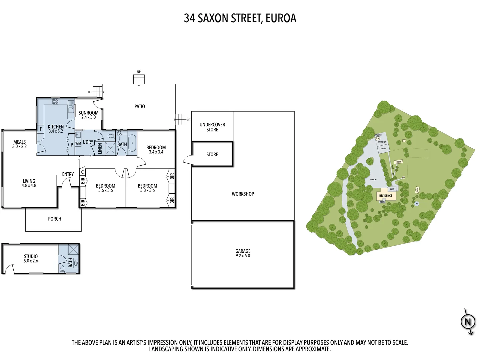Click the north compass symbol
pyautogui.click(x=468, y=322)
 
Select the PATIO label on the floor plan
pyautogui.click(x=140, y=107)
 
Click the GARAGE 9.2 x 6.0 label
pyautogui.click(x=243, y=253)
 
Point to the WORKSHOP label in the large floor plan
pyautogui.click(x=243, y=194)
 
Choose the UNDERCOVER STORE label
pyautogui.click(x=212, y=127)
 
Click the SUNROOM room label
pyautogui.click(x=88, y=115)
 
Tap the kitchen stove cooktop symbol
pyautogui.click(x=55, y=102)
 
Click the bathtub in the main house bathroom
pyautogui.click(x=132, y=144)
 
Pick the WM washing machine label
pyautogui.click(x=78, y=143)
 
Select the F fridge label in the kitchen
pyautogui.click(x=41, y=129)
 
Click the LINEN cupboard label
pyautogui.click(x=100, y=149)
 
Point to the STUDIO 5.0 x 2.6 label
pyautogui.click(x=31, y=259)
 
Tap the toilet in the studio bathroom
pyautogui.click(x=62, y=268)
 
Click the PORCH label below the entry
pyautogui.click(x=55, y=219)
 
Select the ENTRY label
pyautogui.click(x=68, y=174)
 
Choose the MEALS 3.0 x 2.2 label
pyautogui.click(x=19, y=144)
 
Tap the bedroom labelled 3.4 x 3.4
pyautogui.click(x=156, y=150)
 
